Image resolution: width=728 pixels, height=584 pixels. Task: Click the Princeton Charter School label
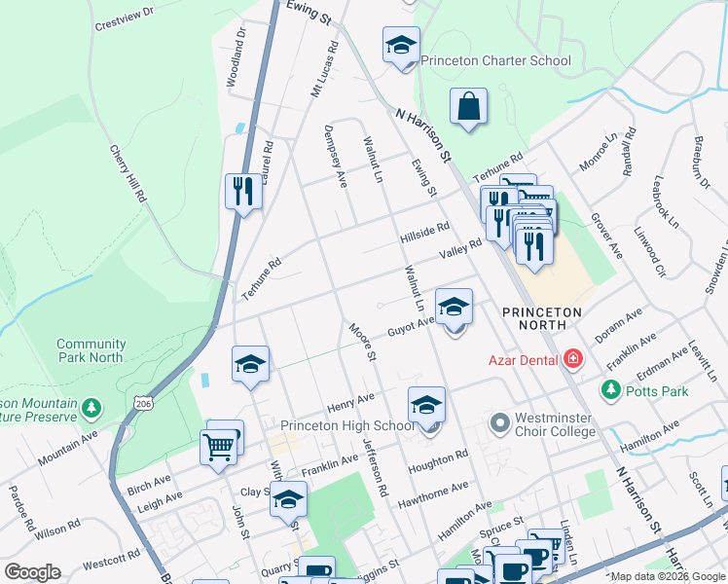click(x=495, y=60)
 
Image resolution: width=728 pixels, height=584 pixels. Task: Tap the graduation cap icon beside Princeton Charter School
click(x=400, y=46)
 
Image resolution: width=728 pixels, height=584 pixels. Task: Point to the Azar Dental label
click(x=523, y=360)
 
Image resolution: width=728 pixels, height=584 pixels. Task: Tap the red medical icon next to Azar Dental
click(x=572, y=360)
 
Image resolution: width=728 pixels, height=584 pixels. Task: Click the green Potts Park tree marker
click(x=611, y=390)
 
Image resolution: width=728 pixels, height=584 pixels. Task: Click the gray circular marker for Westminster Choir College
click(x=500, y=423)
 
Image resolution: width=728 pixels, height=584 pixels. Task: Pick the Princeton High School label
click(x=347, y=425)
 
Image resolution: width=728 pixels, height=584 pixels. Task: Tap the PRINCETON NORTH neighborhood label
click(x=541, y=319)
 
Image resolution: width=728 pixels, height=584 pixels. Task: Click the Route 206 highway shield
click(x=144, y=402)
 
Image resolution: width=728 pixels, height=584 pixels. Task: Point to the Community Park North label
click(x=91, y=350)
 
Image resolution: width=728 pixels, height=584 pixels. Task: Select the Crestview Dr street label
click(x=125, y=18)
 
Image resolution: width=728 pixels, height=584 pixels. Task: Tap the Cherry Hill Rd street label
click(x=127, y=175)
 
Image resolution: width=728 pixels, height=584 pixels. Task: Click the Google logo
click(x=32, y=572)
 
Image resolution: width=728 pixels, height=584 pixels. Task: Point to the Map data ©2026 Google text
click(x=667, y=576)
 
